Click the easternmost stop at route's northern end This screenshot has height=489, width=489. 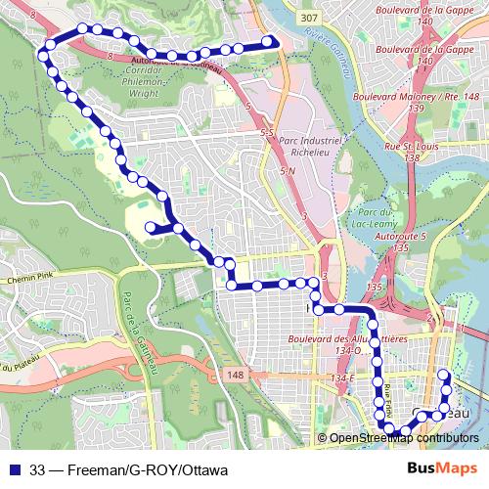pos(268,42)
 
